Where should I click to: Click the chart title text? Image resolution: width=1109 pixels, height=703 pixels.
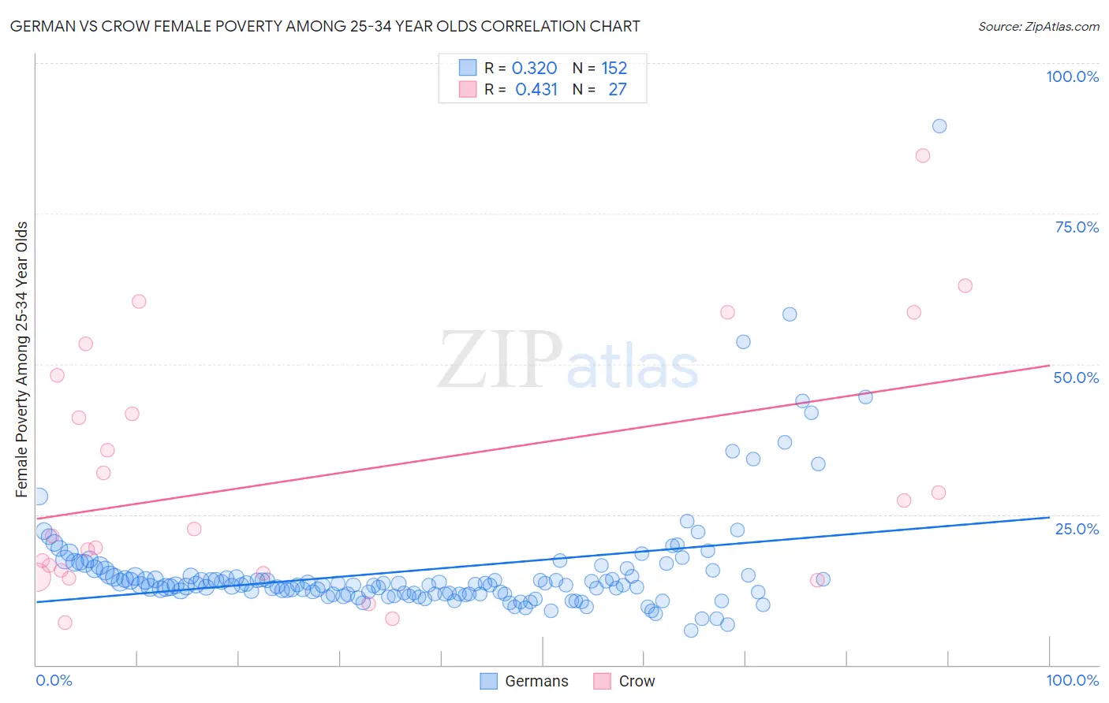pyautogui.click(x=325, y=26)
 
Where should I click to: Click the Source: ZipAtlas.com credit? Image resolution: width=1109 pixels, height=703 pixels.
pyautogui.click(x=1038, y=26)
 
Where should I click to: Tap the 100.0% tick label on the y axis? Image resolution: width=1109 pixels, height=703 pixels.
pyautogui.click(x=1072, y=76)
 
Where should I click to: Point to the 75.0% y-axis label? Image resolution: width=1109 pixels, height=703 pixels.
pyautogui.click(x=1076, y=227)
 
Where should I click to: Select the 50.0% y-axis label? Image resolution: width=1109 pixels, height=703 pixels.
pyautogui.click(x=1076, y=378)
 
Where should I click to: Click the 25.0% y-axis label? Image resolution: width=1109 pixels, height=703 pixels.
pyautogui.click(x=1076, y=529)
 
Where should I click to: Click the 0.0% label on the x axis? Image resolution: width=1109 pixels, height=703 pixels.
pyautogui.click(x=54, y=680)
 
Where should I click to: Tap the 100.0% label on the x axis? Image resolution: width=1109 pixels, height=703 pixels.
pyautogui.click(x=1072, y=680)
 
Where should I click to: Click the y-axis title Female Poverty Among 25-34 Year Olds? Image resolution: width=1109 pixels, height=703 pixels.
pyautogui.click(x=22, y=359)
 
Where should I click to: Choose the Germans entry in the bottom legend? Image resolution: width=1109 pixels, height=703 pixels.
pyautogui.click(x=536, y=681)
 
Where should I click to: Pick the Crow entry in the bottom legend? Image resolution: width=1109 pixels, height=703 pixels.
pyautogui.click(x=636, y=681)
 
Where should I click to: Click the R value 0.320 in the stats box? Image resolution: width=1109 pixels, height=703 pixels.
pyautogui.click(x=534, y=69)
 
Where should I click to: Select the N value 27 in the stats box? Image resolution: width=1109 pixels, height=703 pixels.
pyautogui.click(x=617, y=90)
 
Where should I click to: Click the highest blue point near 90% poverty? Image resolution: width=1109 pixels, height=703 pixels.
pyautogui.click(x=939, y=126)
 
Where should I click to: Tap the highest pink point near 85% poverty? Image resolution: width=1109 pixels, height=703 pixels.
pyautogui.click(x=922, y=155)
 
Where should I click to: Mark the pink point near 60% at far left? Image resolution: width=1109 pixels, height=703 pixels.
pyautogui.click(x=139, y=301)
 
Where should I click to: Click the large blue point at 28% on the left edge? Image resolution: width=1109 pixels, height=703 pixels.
pyautogui.click(x=39, y=497)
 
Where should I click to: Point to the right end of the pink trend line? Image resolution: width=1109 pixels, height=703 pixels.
pyautogui.click(x=1048, y=366)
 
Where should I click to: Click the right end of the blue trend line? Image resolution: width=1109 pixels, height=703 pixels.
pyautogui.click(x=1048, y=518)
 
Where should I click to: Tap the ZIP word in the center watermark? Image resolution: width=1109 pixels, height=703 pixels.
pyautogui.click(x=500, y=359)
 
